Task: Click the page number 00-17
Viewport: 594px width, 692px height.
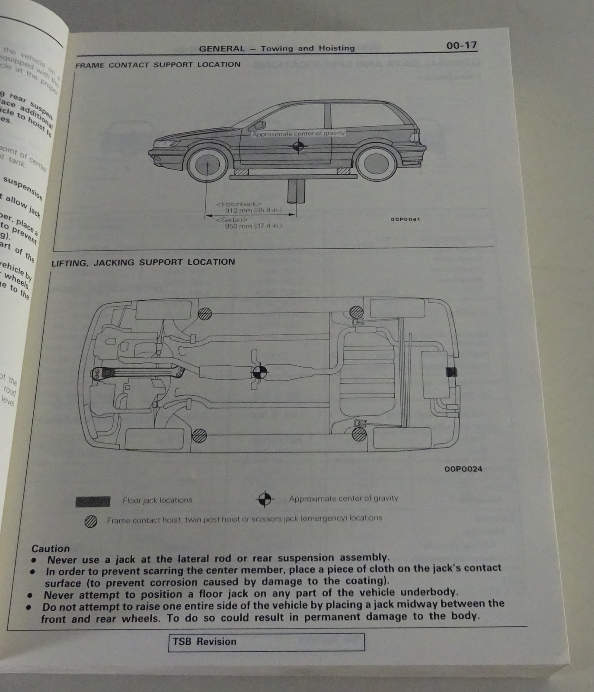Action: point(461,45)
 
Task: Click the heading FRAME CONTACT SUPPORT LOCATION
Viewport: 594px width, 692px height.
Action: point(158,65)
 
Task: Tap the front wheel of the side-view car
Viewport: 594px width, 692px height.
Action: point(207,165)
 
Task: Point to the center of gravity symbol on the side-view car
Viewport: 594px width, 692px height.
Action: point(297,147)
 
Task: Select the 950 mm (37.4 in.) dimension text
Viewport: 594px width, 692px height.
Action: point(253,226)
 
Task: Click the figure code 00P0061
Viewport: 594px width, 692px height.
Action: point(405,219)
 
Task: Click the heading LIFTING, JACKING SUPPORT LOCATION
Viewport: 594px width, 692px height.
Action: point(143,262)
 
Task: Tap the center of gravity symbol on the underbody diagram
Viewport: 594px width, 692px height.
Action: point(260,372)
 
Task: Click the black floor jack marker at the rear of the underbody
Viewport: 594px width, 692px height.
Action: point(451,372)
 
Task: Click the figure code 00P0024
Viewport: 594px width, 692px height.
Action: point(463,469)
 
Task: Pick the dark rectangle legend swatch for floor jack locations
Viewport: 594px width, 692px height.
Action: point(93,501)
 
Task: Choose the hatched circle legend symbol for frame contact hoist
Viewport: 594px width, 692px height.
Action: point(91,522)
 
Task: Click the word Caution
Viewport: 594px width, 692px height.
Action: point(51,548)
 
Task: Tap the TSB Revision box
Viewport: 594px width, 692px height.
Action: point(266,642)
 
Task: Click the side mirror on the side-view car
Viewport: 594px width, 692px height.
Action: point(259,125)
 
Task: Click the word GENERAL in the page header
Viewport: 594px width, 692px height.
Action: point(222,49)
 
